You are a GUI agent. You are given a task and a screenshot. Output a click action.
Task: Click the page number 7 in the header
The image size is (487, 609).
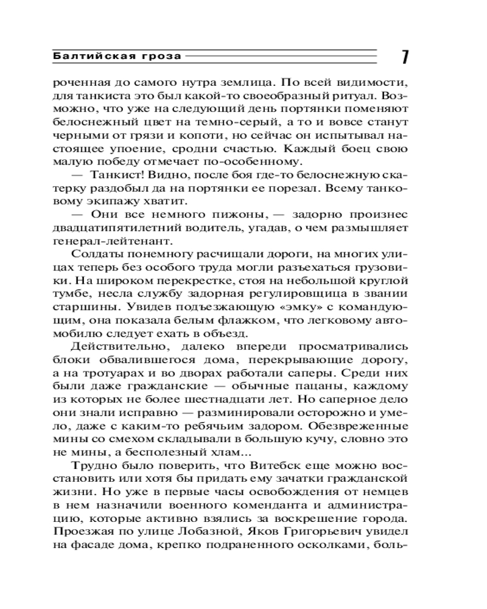(404, 57)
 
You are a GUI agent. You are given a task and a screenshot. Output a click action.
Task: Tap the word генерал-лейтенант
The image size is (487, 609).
(107, 242)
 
